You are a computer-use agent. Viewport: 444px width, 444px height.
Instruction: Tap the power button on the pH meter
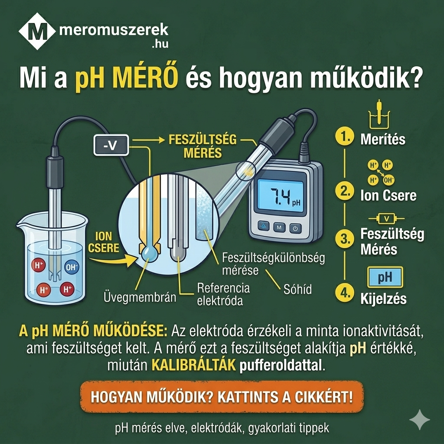tap(295, 227)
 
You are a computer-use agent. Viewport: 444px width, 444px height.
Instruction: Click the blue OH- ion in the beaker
tap(72, 268)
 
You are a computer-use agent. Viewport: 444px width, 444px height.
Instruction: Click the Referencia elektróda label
tap(223, 294)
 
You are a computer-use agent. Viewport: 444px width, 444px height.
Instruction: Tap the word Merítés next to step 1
tap(383, 139)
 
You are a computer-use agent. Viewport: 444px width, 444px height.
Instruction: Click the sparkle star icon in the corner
tap(420, 419)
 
